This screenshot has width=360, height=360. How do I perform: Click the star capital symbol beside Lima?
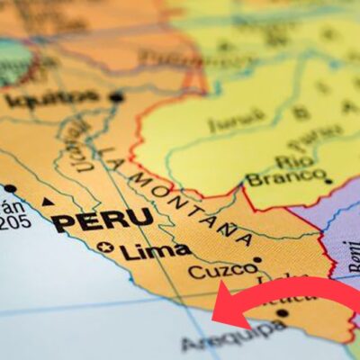107,247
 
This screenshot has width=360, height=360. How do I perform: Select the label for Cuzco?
217,271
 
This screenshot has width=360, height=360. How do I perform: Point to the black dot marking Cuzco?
257,259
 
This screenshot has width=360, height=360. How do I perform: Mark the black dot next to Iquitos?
116,96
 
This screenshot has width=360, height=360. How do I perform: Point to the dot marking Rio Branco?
328,181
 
